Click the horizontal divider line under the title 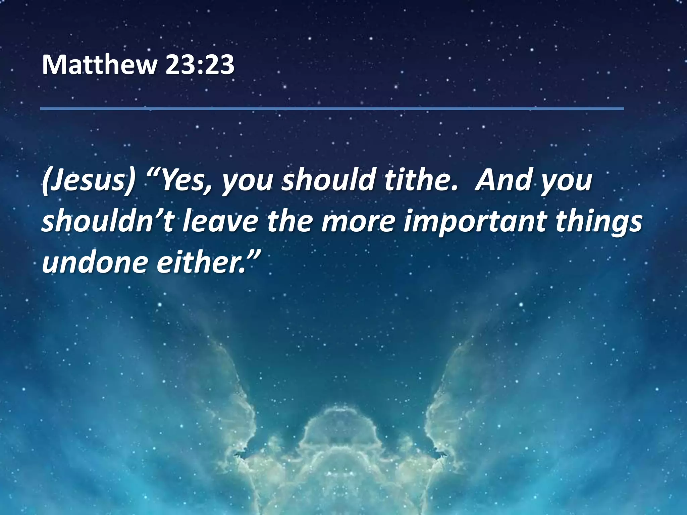[332, 109]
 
